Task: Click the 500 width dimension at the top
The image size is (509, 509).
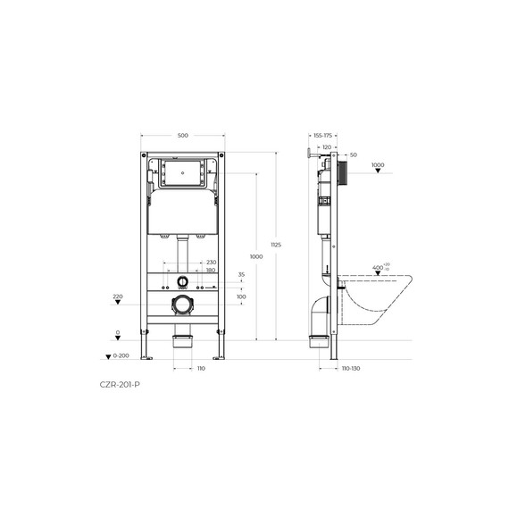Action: tap(183, 136)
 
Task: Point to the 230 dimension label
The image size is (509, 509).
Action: tap(211, 262)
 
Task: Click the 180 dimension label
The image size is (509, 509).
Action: tap(211, 270)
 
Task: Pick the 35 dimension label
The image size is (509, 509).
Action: tap(241, 275)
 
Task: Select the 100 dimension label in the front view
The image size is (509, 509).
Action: tap(241, 296)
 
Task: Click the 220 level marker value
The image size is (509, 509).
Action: tap(117, 296)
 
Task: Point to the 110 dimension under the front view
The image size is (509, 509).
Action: tap(201, 368)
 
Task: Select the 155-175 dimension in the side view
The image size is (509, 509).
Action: tap(321, 136)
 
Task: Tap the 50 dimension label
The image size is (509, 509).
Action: tap(354, 155)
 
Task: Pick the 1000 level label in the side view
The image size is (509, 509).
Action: tap(377, 164)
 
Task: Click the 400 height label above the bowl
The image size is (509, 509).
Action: tap(378, 267)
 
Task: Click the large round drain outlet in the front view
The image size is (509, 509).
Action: tap(183, 305)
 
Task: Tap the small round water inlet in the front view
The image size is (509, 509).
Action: tap(183, 281)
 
